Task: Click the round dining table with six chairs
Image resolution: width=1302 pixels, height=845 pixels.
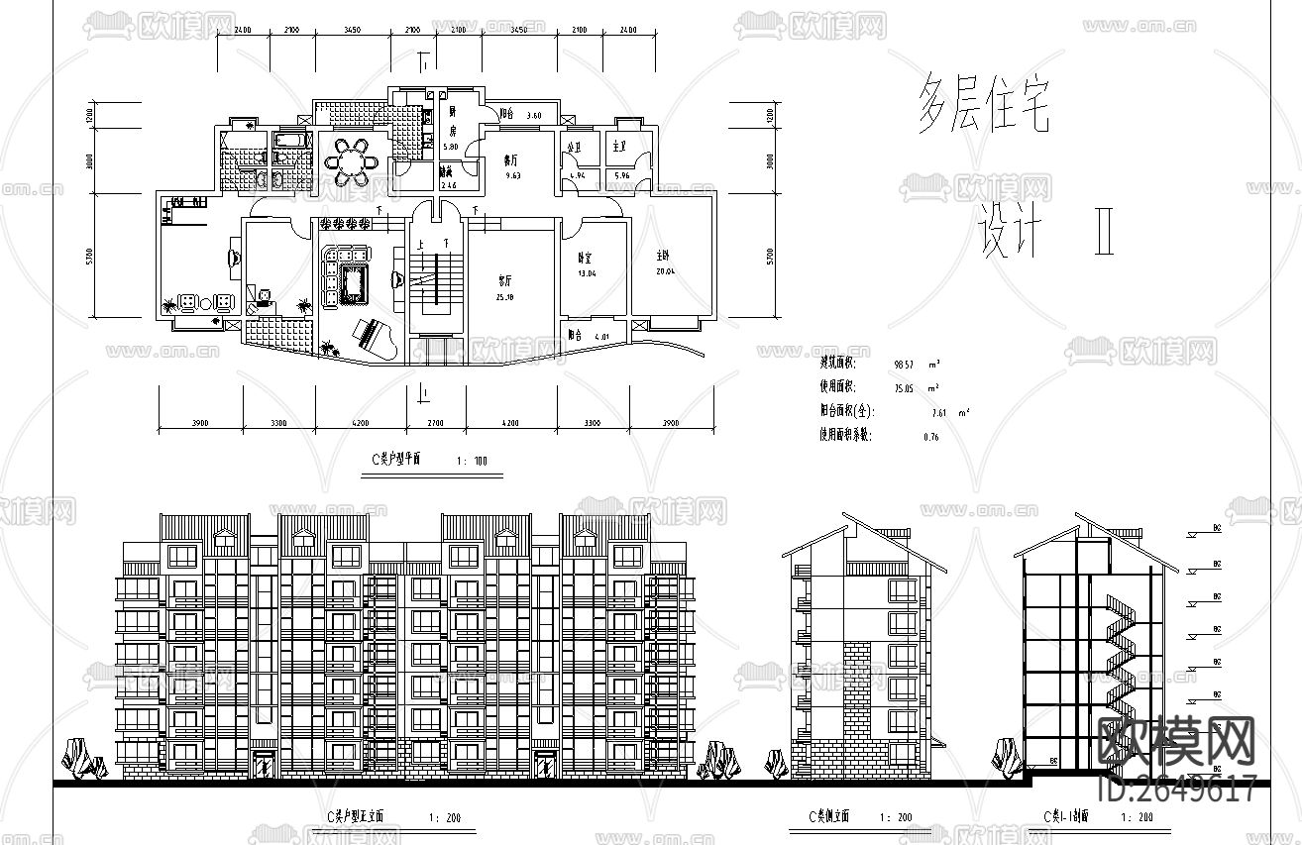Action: coord(352,160)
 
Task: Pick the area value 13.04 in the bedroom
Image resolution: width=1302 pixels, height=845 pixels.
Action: coord(588,273)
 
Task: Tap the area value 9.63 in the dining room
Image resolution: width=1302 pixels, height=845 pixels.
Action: coord(512,175)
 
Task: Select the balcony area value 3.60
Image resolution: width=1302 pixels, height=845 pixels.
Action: coord(534,116)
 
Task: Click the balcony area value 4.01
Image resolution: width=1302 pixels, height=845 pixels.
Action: coord(600,336)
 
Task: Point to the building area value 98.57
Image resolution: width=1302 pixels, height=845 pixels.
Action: coord(906,365)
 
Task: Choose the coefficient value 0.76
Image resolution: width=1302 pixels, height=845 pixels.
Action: coord(930,437)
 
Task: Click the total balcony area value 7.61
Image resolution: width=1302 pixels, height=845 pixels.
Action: coord(940,412)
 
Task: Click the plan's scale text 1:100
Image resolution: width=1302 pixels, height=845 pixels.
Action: coord(473,461)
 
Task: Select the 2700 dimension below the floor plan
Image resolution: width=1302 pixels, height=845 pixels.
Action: coord(436,423)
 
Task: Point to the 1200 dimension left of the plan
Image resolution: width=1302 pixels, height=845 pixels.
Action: coord(89,117)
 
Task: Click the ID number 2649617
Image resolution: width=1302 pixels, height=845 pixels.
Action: coord(1179,789)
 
